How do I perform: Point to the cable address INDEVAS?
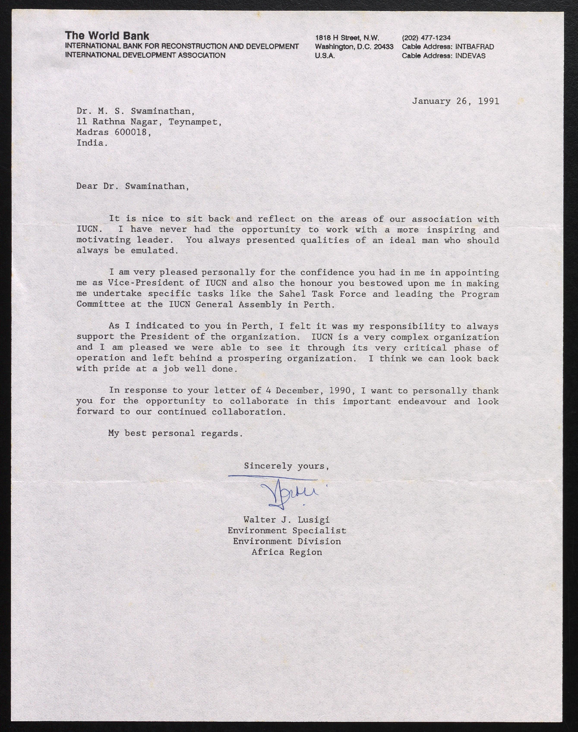pos(470,56)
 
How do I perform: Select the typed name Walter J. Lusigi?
pos(286,520)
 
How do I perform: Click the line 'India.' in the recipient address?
pos(92,143)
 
